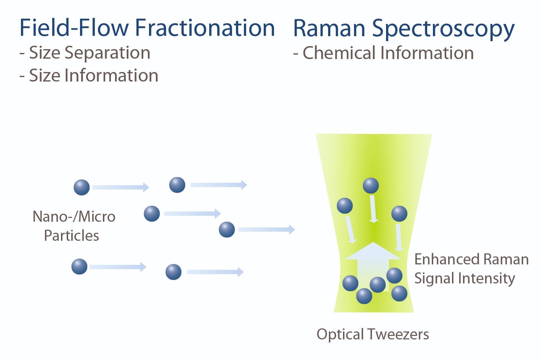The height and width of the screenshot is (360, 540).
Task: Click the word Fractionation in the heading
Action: (x=205, y=28)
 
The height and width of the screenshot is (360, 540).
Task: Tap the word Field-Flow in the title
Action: (x=74, y=28)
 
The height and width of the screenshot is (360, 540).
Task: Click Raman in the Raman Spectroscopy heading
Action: (x=329, y=28)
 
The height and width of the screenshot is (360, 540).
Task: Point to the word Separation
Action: (x=107, y=53)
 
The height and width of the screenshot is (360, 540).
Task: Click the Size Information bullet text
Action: (x=89, y=75)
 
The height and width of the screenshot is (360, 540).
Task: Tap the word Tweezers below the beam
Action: (x=399, y=334)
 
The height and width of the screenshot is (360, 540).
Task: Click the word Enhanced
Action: (x=447, y=259)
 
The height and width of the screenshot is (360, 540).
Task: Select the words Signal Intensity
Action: (x=465, y=279)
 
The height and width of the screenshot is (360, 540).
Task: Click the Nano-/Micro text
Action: (x=74, y=216)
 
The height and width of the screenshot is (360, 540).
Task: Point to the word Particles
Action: (x=72, y=235)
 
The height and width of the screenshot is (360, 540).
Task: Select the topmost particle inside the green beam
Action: (x=370, y=186)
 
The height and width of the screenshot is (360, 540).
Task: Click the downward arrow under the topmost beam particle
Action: (x=373, y=209)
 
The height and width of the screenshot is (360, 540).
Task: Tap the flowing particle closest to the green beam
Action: (x=227, y=230)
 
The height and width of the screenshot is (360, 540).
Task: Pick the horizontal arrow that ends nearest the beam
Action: (x=267, y=230)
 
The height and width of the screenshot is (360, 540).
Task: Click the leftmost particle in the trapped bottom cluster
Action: (x=350, y=283)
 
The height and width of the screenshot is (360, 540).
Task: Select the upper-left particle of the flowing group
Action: (x=82, y=187)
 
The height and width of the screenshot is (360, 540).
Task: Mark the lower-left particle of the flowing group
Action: (x=79, y=267)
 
